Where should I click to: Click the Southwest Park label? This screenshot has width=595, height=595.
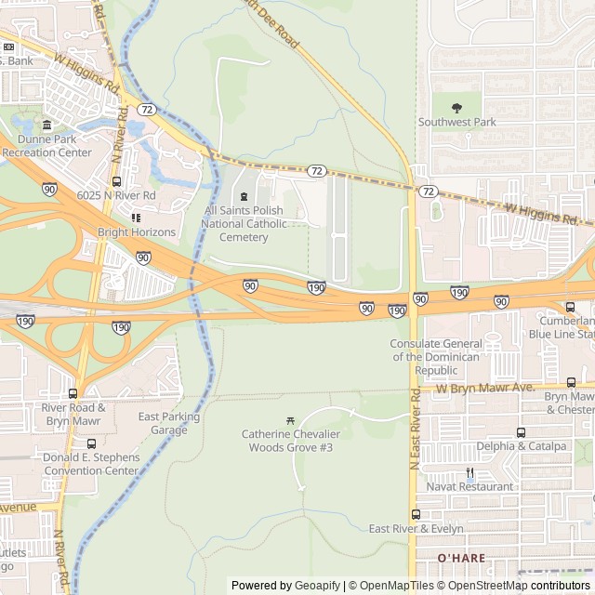pyautogui.click(x=456, y=122)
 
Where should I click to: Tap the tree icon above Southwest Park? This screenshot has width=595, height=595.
pyautogui.click(x=456, y=108)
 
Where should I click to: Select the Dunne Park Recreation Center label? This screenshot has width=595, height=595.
pyautogui.click(x=47, y=146)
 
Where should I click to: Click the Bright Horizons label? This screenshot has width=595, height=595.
pyautogui.click(x=137, y=231)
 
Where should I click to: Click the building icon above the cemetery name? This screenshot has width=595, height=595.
pyautogui.click(x=245, y=196)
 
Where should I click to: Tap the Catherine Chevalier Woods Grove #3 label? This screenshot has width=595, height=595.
pyautogui.click(x=291, y=441)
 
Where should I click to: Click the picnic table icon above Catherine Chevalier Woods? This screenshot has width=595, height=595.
pyautogui.click(x=291, y=421)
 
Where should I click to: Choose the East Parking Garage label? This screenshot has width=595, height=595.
pyautogui.click(x=169, y=423)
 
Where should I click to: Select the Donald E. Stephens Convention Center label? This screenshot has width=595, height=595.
pyautogui.click(x=91, y=464)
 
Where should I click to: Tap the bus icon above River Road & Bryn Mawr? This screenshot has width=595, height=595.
pyautogui.click(x=73, y=393)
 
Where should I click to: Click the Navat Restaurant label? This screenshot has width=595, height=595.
pyautogui.click(x=469, y=486)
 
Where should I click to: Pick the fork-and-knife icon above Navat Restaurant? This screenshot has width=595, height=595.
pyautogui.click(x=469, y=472)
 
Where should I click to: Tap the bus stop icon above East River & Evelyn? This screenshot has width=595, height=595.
pyautogui.click(x=416, y=514)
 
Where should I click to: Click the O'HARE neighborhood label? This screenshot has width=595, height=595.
pyautogui.click(x=462, y=557)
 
